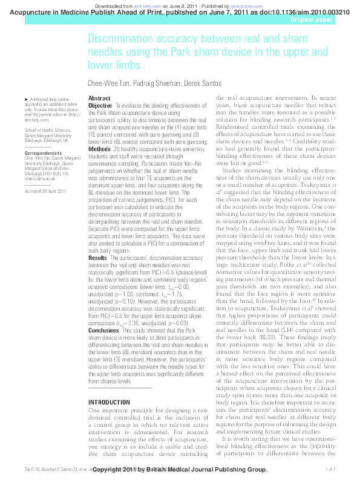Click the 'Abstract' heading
(99, 98)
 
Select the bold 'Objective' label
(100, 105)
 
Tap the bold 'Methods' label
(99, 149)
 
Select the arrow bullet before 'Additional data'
(25, 99)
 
